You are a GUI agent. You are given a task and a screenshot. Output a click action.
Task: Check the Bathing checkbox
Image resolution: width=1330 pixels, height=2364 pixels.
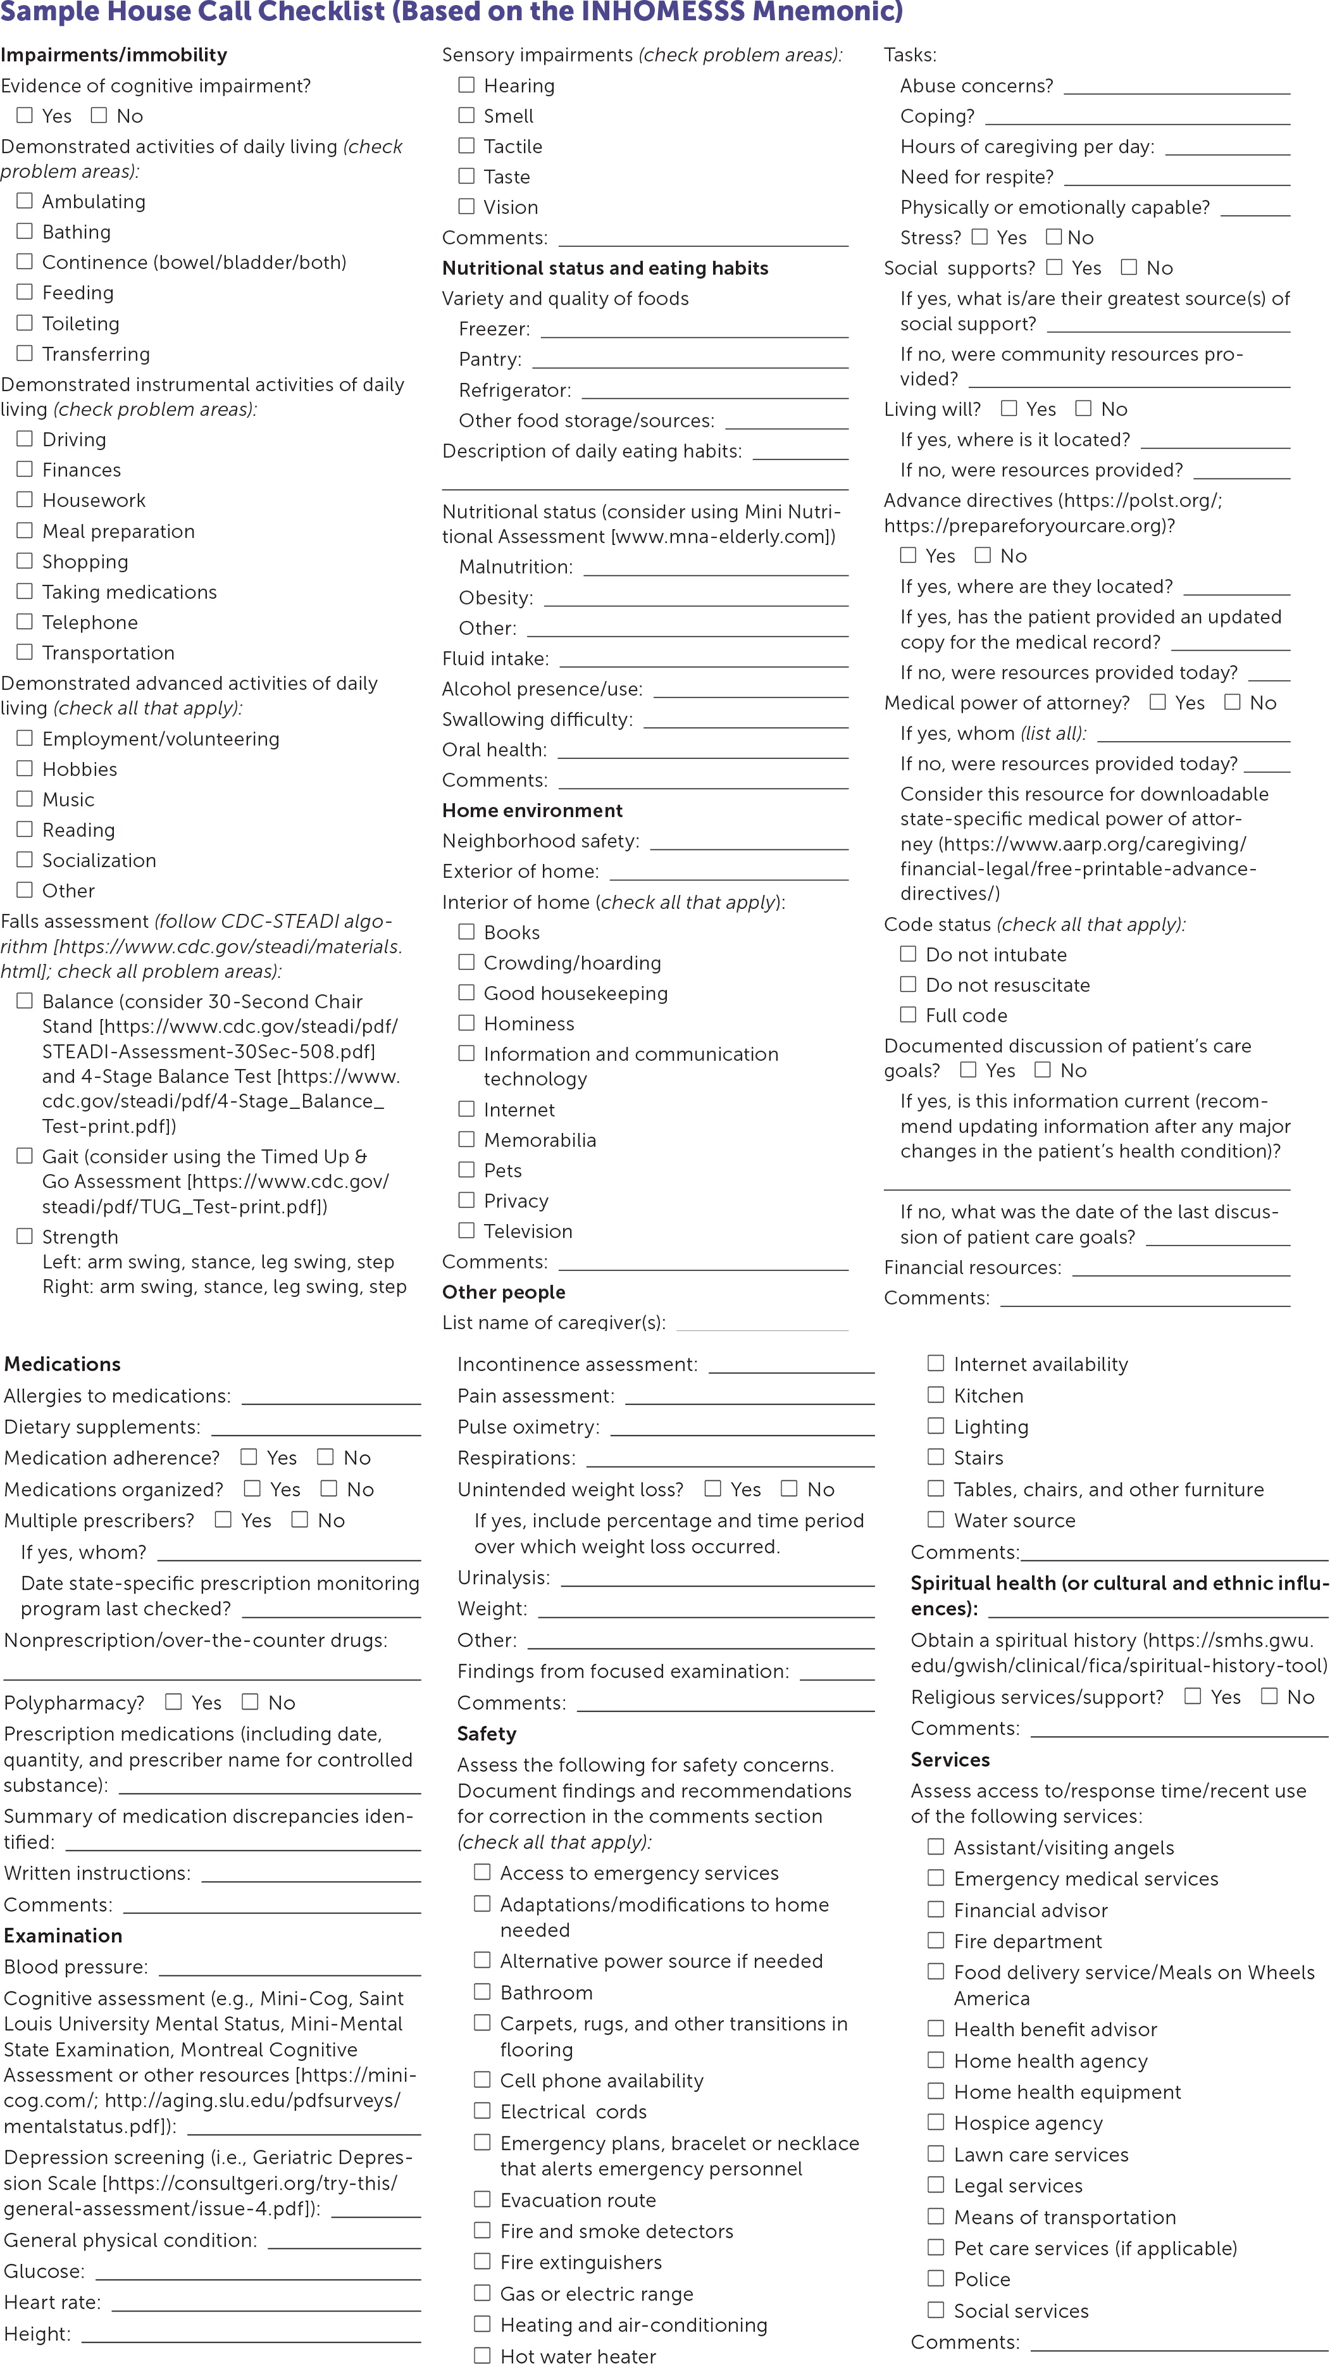tap(25, 231)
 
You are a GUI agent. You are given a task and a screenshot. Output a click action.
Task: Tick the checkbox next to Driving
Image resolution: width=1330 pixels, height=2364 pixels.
tap(25, 439)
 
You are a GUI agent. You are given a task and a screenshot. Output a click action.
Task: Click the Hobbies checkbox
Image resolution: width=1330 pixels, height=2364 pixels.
tap(25, 768)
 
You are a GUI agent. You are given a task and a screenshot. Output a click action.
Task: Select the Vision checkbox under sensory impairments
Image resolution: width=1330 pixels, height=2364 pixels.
tap(467, 206)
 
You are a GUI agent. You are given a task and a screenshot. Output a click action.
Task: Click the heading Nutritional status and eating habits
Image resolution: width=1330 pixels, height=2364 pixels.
tap(606, 268)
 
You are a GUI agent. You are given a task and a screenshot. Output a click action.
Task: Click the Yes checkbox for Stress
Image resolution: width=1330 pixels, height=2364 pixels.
tap(979, 237)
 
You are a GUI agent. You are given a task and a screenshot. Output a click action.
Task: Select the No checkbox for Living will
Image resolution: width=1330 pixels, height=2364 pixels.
tap(1083, 408)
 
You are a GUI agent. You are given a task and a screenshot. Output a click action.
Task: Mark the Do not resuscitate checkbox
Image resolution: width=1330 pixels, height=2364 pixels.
tap(908, 984)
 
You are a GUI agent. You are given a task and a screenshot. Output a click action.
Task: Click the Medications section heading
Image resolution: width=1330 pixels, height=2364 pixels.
tap(63, 1364)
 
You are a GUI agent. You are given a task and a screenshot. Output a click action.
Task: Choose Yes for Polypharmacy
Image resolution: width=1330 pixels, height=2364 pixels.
tap(173, 1701)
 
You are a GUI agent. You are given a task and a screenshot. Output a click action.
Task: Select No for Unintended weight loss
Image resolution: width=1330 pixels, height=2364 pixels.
tap(789, 1489)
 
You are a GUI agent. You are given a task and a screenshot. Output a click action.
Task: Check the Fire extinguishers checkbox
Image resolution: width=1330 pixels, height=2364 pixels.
tap(483, 2261)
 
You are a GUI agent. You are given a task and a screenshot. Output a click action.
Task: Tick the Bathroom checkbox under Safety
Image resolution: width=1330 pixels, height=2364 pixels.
tap(483, 1991)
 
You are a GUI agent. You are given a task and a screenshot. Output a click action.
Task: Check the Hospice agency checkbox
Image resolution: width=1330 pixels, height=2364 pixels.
tap(936, 2122)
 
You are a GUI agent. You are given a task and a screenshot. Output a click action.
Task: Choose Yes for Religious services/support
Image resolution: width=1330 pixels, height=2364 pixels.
tap(1193, 1696)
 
